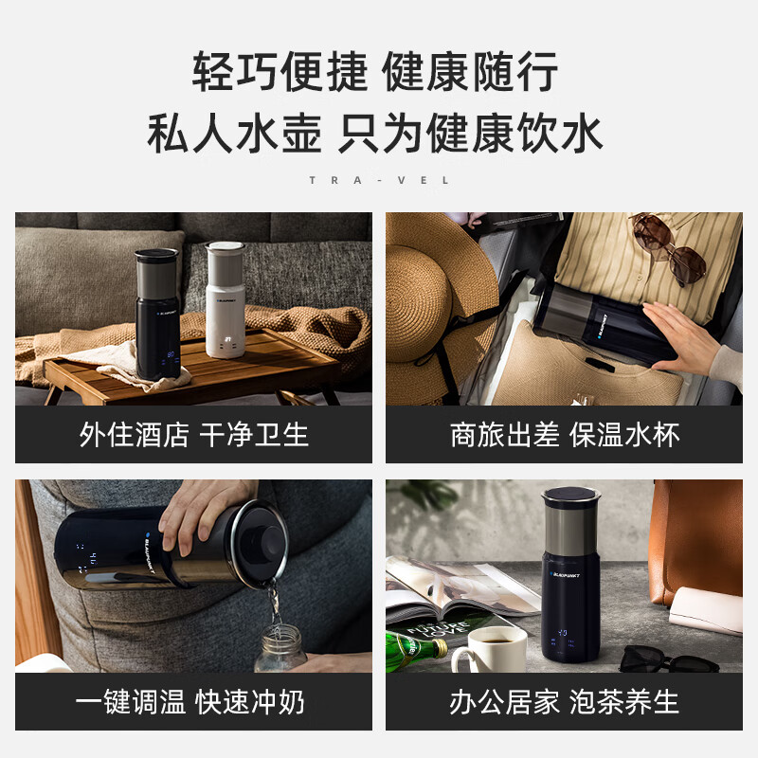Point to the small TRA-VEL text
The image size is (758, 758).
(379, 180)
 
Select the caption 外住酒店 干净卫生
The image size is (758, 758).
(193, 435)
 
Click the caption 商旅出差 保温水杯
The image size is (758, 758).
(565, 435)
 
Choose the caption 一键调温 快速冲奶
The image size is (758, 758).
(193, 702)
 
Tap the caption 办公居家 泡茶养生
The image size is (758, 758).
(565, 702)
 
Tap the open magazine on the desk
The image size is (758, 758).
(455, 592)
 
